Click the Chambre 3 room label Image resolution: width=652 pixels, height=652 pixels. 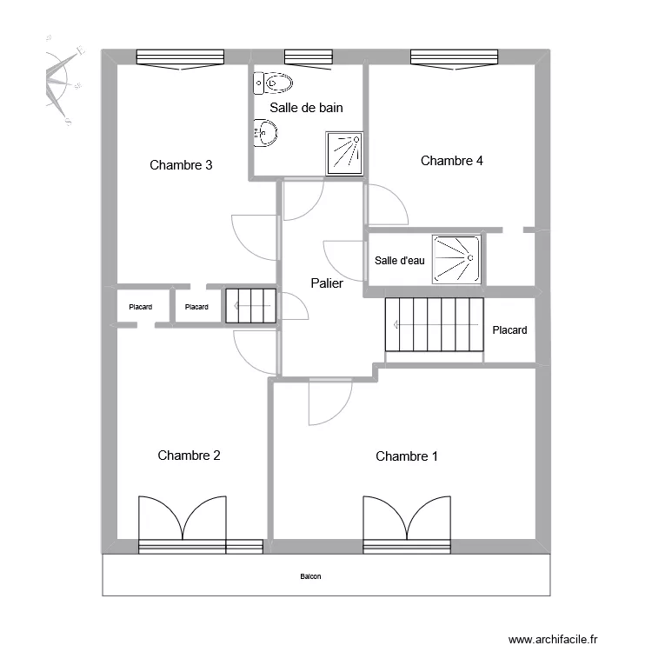coord(181,165)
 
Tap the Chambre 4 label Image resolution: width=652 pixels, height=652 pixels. coord(451,161)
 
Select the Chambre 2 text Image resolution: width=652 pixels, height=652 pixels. coord(189,456)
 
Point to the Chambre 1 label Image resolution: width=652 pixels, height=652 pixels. coord(407,456)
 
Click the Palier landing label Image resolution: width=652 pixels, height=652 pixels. coord(327,283)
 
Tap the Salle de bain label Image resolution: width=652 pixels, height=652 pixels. coord(306,108)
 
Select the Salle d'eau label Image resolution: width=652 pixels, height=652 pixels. coord(400,261)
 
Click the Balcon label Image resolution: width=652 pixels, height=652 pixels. coord(310,576)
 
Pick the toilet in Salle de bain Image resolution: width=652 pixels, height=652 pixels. coord(273,83)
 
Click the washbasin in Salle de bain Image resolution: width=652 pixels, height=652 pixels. coord(265,133)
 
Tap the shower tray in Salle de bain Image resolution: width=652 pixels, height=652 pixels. coord(344,154)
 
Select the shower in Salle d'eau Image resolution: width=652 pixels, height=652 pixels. coord(456,259)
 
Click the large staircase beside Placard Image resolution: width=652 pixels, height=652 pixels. coord(434,325)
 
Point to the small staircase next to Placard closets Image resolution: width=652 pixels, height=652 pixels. coord(250,306)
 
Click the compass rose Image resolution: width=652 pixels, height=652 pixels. coord(63,81)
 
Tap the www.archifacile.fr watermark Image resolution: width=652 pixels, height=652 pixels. coord(553,639)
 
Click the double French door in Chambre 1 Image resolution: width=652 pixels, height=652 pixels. coord(407,524)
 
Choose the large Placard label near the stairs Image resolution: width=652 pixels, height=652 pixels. coord(509,330)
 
